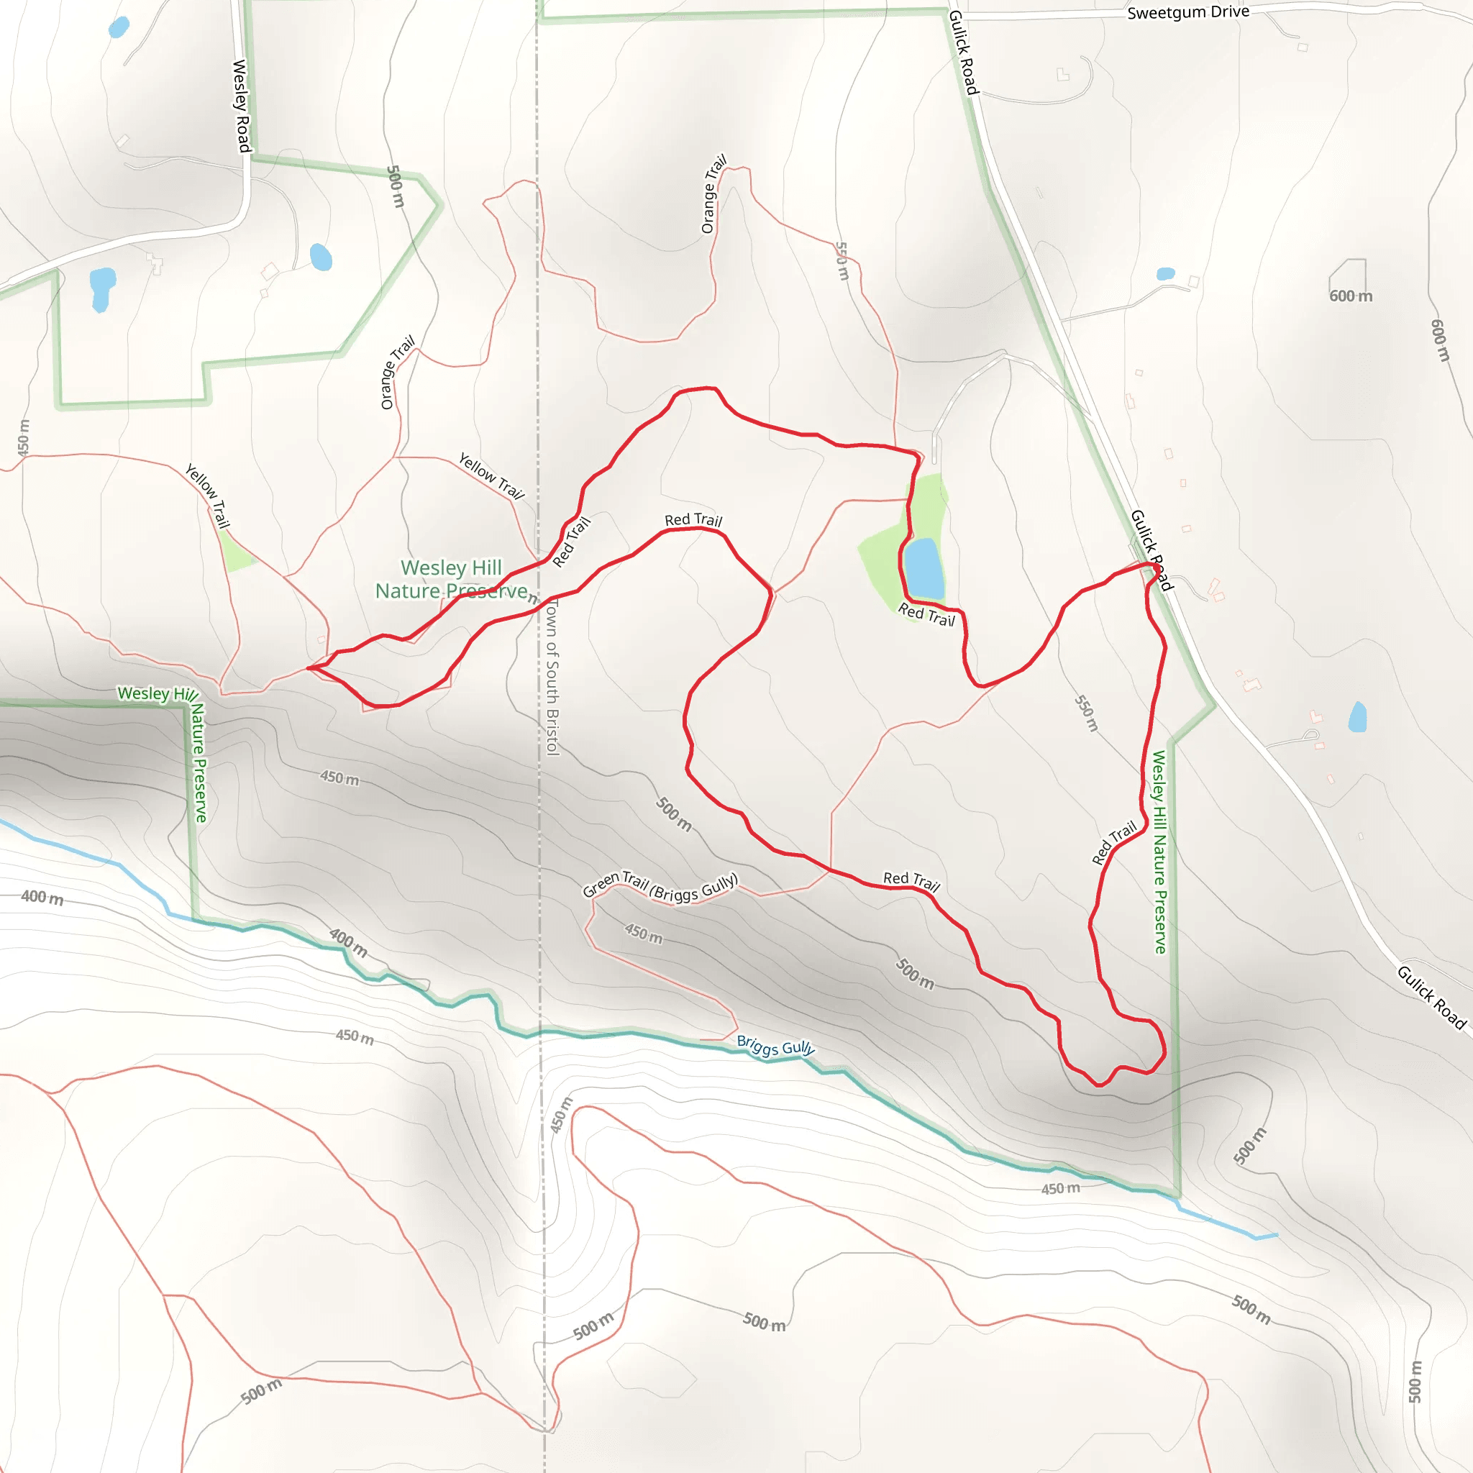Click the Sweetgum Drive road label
tap(1188, 12)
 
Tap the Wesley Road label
tap(241, 106)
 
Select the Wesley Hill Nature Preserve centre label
tap(452, 580)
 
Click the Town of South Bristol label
tap(552, 677)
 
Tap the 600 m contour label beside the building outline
tap(1350, 296)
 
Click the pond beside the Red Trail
tap(924, 568)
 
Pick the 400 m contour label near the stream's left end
tap(42, 898)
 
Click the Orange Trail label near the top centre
tap(713, 193)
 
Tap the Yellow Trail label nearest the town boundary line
tap(492, 475)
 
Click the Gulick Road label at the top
tap(963, 52)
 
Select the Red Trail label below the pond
tap(926, 614)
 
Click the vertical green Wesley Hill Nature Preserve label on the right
tap(1159, 852)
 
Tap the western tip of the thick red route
tap(308, 668)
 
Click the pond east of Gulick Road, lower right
tap(1357, 716)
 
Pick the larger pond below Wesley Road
tap(101, 288)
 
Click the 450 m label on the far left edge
tap(24, 437)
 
